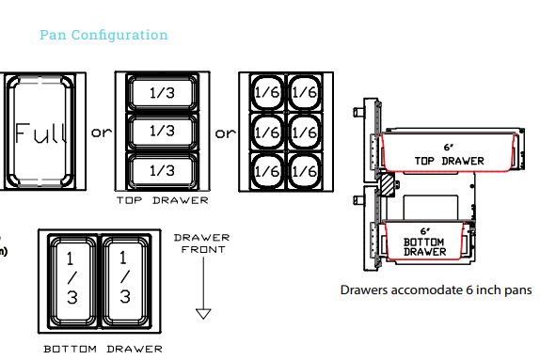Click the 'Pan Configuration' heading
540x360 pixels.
coord(103,35)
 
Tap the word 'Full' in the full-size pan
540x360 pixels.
coord(40,133)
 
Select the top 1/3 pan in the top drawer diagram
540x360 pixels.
coord(163,93)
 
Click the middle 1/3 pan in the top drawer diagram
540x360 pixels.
coord(163,132)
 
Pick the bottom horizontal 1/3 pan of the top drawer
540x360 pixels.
coord(163,171)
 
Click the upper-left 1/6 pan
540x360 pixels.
coord(267,92)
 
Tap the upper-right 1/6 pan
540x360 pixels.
coord(305,92)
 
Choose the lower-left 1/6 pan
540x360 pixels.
coord(267,171)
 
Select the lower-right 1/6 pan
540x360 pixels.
coord(305,171)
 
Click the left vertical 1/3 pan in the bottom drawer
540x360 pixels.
coord(72,280)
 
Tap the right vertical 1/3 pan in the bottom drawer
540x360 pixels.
coord(126,280)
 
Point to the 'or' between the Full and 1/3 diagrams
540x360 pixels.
coord(102,133)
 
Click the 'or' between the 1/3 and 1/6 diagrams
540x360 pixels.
coord(225,133)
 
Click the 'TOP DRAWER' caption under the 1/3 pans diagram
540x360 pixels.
coord(163,200)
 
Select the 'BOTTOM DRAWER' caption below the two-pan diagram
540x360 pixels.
coord(103,349)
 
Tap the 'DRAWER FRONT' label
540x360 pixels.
coord(202,243)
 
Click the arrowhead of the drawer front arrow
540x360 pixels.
coord(203,314)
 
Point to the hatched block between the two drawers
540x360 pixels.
coord(387,185)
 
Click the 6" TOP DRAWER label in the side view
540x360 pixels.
coord(449,154)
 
